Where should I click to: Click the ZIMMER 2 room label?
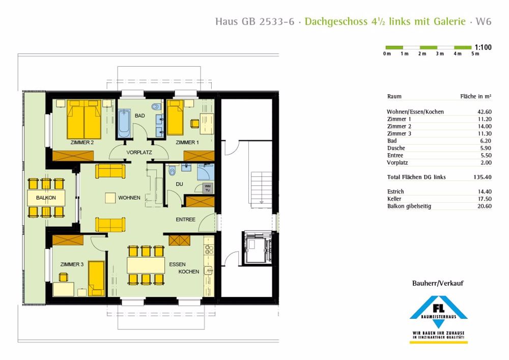click(82, 142)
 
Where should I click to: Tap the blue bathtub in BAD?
click(124, 123)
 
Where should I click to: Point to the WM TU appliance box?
click(208, 188)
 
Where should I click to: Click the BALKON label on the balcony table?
click(46, 198)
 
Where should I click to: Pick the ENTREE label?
click(185, 219)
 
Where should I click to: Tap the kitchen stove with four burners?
click(209, 250)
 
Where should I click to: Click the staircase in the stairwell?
click(261, 188)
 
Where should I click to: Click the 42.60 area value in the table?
click(485, 112)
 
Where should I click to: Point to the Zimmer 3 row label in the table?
click(399, 133)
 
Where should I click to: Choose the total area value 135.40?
click(483, 177)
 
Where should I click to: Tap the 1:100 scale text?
click(483, 47)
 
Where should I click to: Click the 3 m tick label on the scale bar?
click(440, 54)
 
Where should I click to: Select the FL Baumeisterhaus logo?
click(438, 319)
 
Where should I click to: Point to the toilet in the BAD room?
click(156, 106)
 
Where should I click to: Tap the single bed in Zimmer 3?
click(96, 279)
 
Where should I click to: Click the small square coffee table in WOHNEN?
click(110, 198)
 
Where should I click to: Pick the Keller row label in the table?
click(394, 199)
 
